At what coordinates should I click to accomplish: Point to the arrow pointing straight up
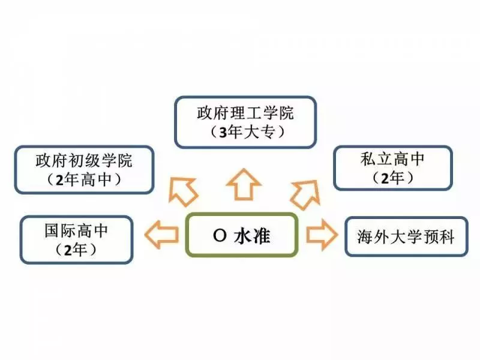pyautogui.click(x=244, y=185)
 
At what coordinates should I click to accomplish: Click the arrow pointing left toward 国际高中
pyautogui.click(x=161, y=235)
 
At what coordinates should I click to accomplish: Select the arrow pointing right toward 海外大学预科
pyautogui.click(x=322, y=235)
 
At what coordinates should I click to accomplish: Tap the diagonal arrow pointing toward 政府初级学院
pyautogui.click(x=182, y=191)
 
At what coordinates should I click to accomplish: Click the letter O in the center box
pyautogui.click(x=220, y=236)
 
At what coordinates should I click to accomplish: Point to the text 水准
pyautogui.click(x=252, y=236)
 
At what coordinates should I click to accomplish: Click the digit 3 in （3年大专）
pyautogui.click(x=223, y=132)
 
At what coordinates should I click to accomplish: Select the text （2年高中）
pyautogui.click(x=83, y=179)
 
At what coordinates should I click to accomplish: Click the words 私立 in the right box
pyautogui.click(x=376, y=159)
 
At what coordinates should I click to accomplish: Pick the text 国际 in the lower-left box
pyautogui.click(x=61, y=230)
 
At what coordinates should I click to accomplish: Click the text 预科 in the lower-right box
pyautogui.click(x=439, y=237)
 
